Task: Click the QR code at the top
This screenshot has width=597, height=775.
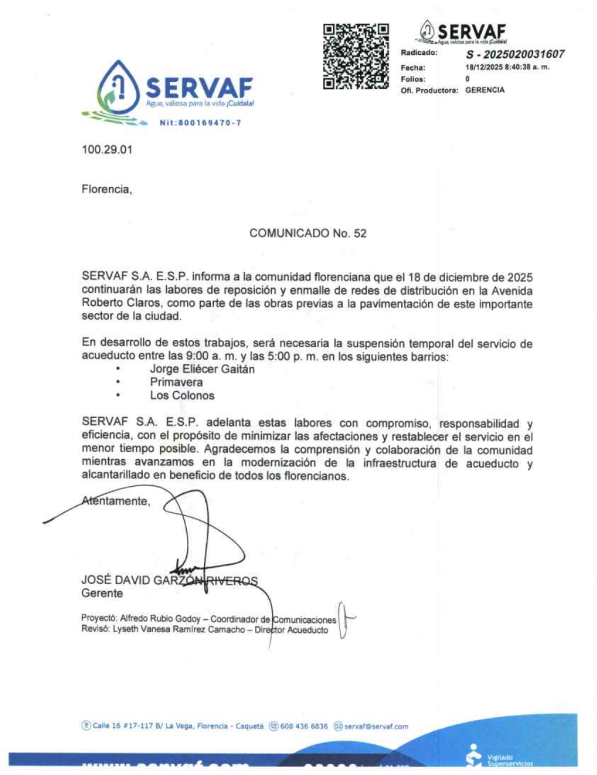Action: coord(356,57)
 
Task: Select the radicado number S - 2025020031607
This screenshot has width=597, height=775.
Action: coord(515,54)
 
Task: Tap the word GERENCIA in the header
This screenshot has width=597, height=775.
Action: coord(485,90)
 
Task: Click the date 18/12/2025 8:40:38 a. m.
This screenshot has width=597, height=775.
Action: coord(507,67)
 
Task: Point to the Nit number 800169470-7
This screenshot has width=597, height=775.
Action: coord(200,123)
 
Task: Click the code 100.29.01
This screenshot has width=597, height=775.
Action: coord(107,150)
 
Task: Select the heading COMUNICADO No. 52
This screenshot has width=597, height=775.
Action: coord(308,233)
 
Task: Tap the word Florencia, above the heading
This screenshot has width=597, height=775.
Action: coord(106,189)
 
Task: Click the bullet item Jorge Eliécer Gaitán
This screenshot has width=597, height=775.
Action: coord(202,369)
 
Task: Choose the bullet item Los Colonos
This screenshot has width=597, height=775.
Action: coord(182,396)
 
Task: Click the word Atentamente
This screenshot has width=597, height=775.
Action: coord(116,501)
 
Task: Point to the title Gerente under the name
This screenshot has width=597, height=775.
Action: coord(102,594)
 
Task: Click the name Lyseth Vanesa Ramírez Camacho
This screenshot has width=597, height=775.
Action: coord(179,629)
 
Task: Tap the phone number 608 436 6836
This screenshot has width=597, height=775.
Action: coord(303,726)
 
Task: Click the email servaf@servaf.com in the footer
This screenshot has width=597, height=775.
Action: coord(376,726)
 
